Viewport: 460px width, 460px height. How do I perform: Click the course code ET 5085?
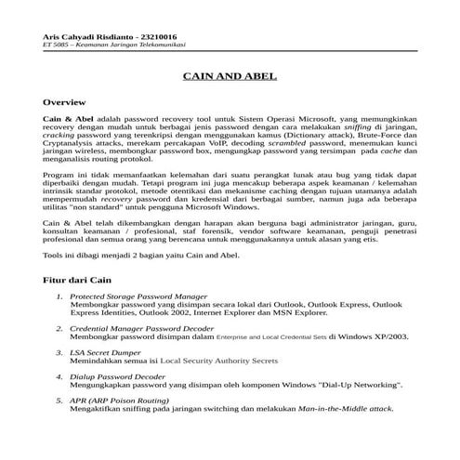[x=58, y=44]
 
